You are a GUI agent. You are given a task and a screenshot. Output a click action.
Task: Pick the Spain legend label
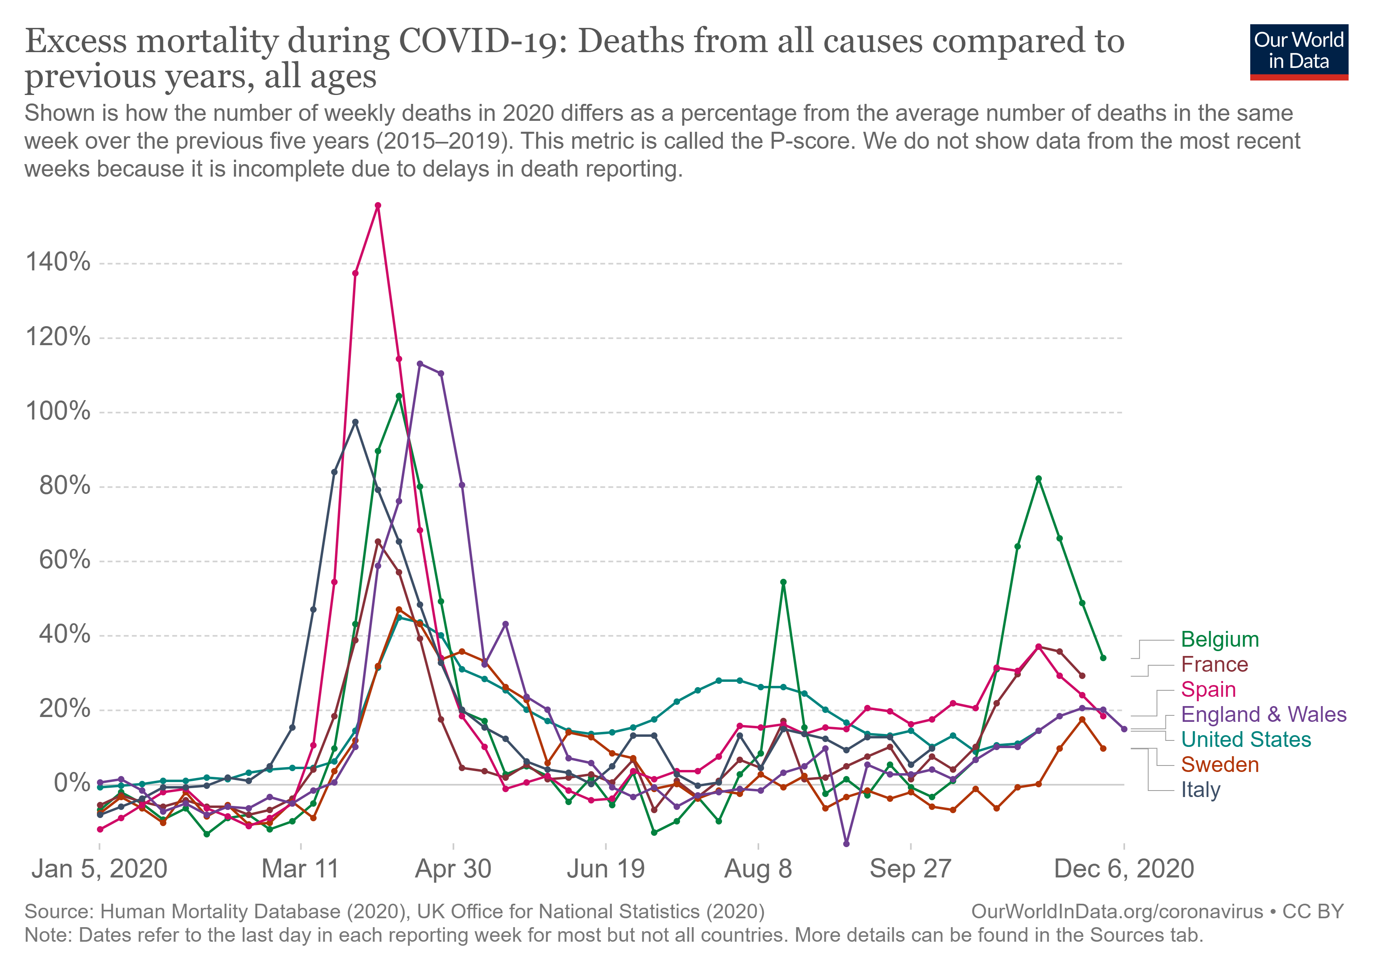click(1208, 690)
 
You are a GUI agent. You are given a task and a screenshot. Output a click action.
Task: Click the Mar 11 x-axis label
click(300, 869)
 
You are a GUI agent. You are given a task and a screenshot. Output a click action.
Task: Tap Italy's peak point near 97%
click(355, 422)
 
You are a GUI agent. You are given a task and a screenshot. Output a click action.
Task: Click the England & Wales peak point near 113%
click(420, 364)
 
